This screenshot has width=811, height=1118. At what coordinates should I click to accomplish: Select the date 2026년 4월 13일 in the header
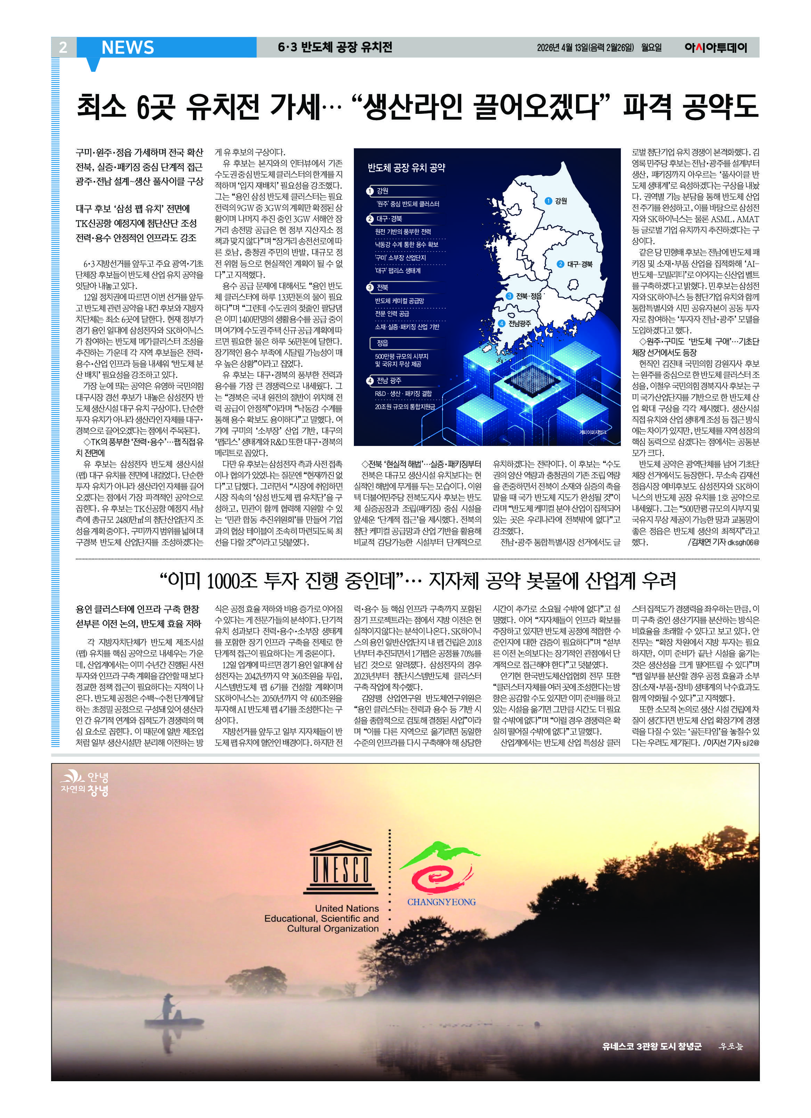[562, 48]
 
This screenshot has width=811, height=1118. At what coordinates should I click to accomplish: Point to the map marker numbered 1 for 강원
[548, 201]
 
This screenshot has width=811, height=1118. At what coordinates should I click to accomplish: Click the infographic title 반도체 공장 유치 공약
[406, 168]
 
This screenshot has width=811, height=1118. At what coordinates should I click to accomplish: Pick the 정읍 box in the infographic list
[382, 342]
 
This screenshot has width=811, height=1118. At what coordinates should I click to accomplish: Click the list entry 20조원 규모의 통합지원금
[405, 407]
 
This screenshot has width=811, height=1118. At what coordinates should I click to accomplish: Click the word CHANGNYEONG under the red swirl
[441, 902]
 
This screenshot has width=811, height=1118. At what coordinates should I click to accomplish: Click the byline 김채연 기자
[707, 542]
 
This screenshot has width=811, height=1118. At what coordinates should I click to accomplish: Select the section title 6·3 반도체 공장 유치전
[335, 47]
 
